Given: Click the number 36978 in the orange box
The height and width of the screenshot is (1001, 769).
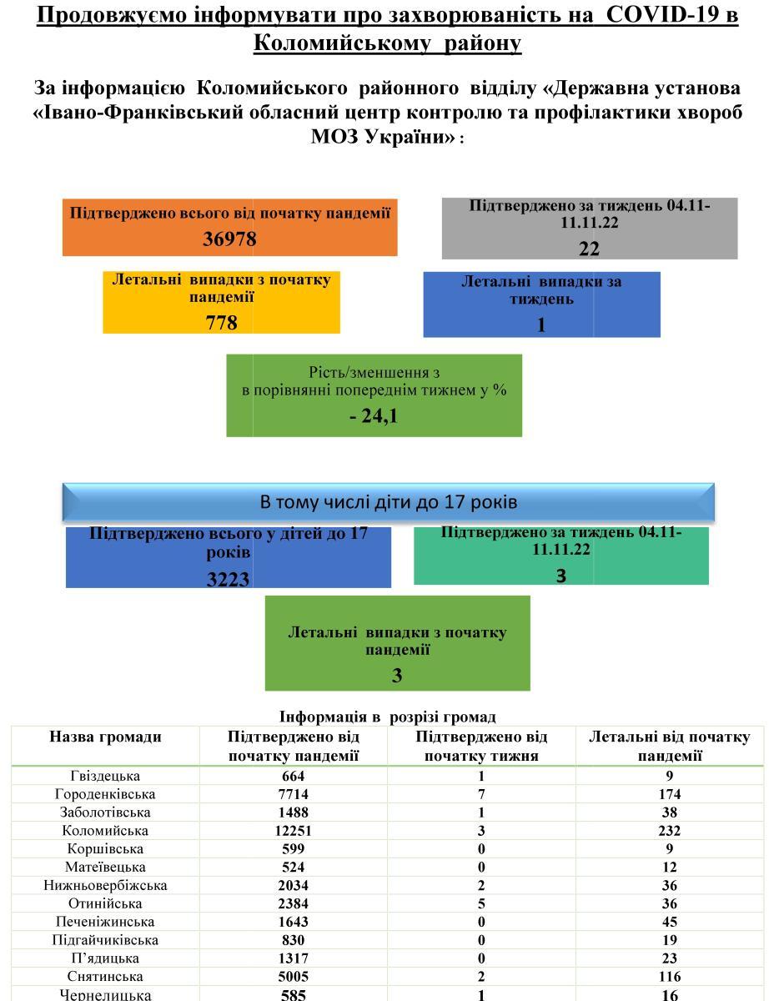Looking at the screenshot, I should (229, 239).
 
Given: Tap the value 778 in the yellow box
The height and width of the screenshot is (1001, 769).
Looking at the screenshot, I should (221, 322).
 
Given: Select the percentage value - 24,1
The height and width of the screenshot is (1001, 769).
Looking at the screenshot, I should (374, 415).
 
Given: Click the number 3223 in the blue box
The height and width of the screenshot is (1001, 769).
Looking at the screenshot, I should (228, 579).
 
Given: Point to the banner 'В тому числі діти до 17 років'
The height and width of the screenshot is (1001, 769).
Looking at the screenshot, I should (389, 502).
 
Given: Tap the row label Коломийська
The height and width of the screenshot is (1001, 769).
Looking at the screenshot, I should (105, 831).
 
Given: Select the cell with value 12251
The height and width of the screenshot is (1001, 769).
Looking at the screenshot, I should (294, 831).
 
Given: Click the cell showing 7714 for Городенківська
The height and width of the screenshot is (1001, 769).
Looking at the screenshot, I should (294, 794).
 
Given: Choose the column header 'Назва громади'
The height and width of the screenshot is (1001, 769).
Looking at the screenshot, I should (105, 737).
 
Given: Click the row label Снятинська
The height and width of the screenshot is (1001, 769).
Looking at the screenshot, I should (105, 977).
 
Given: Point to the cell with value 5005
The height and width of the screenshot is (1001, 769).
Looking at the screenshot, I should (294, 977).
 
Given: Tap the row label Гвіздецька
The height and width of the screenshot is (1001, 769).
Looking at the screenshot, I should (105, 776).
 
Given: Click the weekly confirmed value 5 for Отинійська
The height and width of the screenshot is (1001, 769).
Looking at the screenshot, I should (481, 903).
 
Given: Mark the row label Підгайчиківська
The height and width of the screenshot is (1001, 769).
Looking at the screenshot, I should (105, 940).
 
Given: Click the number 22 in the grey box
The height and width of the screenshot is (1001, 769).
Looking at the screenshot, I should (589, 249).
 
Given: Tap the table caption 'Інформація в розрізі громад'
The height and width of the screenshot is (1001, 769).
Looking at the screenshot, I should (387, 717).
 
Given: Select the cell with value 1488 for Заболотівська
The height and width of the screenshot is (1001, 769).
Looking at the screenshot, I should (294, 812).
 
